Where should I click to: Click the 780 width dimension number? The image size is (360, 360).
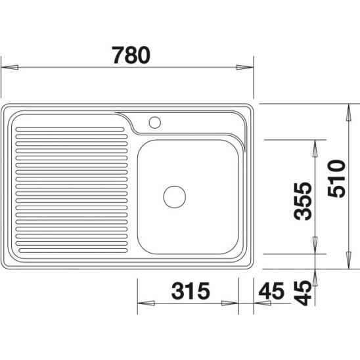[x=131, y=55]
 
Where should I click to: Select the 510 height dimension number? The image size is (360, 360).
[x=336, y=179]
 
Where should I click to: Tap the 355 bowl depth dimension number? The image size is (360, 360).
[x=303, y=201]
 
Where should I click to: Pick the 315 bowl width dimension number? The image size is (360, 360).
[x=191, y=290]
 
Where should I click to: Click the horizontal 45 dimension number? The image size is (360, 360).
[x=271, y=290]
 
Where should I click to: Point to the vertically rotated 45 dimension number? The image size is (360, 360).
[x=303, y=293]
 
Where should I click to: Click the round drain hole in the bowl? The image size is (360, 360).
[x=175, y=197]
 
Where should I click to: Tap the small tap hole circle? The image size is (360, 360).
[x=155, y=122]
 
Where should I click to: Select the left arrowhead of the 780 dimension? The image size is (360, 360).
[x=10, y=67]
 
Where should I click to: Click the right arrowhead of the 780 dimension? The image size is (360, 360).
[x=245, y=67]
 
